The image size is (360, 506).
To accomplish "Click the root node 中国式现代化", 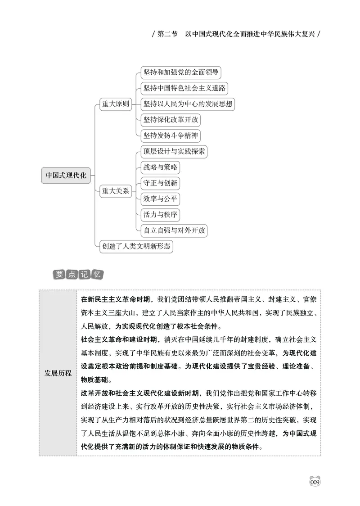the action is (66, 175).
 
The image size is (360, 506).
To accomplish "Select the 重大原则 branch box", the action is (116, 104).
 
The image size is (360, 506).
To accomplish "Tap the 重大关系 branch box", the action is (116, 191).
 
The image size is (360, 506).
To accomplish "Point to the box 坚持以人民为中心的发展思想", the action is (188, 104).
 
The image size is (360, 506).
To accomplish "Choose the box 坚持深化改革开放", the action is (171, 120).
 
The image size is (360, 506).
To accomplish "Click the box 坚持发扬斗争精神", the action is (171, 136).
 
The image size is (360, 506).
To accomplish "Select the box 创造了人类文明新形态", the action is (136, 246).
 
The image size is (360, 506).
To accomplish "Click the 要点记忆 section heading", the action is (78, 274).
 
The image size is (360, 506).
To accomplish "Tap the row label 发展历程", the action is (58, 373).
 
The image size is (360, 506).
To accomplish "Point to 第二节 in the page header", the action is (166, 34).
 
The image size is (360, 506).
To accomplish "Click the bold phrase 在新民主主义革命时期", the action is (116, 299).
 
